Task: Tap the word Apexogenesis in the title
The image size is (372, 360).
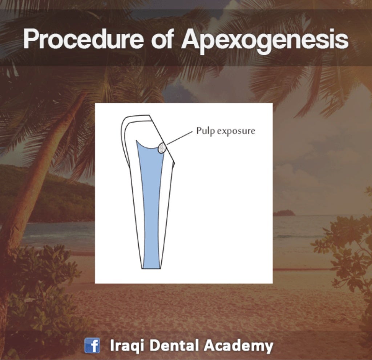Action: coord(265,40)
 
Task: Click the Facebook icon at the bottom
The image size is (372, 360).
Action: coord(92,345)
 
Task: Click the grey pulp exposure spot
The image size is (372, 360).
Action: coord(162,148)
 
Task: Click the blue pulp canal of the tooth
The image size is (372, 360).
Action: coord(150,203)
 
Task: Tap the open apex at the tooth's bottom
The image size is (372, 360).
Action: coord(151,268)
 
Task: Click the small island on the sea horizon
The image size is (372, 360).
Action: coord(284,213)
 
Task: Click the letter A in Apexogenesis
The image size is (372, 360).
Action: coord(191,39)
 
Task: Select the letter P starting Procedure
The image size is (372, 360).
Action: coord(31,39)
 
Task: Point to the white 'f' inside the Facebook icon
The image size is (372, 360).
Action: coord(93,346)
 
